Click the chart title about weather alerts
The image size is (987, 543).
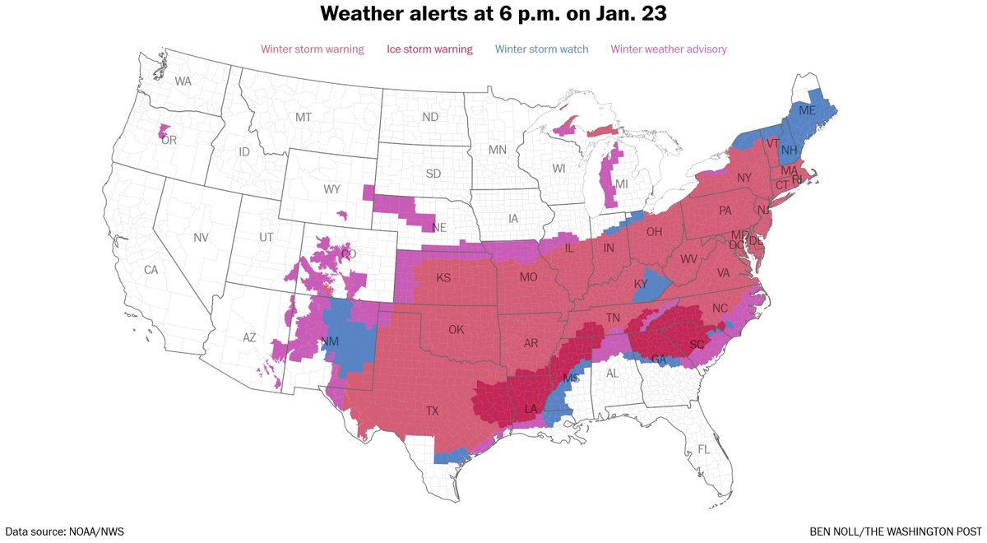pos(493,14)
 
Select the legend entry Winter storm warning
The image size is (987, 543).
pos(312,49)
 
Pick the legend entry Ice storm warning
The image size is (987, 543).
pos(429,49)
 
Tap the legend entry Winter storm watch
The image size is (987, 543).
pos(542,49)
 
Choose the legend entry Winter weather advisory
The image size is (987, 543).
pos(669,49)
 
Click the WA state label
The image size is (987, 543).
pos(183,81)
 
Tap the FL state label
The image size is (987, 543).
pos(703,449)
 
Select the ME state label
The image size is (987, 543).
pos(807,110)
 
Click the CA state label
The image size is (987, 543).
pos(151,270)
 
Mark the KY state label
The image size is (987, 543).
pos(642,284)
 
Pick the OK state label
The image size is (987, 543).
pos(456,330)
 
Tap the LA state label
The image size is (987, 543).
pos(531,409)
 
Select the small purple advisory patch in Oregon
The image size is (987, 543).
pos(164,131)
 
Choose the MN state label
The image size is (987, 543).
pos(497,150)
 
